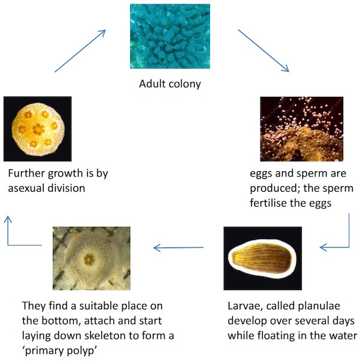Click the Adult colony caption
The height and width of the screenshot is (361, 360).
pos(170,84)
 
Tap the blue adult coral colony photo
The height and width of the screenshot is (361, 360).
pos(170,36)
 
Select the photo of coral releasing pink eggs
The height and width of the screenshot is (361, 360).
pos(302,129)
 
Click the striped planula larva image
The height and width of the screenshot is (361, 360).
pos(262,258)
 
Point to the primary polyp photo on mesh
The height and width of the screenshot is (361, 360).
pos(91,258)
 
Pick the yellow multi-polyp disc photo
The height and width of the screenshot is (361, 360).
pos(37,129)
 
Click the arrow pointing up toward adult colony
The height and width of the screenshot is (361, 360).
pos(80,51)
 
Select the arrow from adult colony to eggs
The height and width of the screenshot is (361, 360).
pos(263,50)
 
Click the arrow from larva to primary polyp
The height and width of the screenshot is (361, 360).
pos(178,247)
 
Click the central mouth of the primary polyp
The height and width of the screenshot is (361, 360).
pos(89,259)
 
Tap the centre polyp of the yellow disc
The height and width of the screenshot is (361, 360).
pos(38,129)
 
